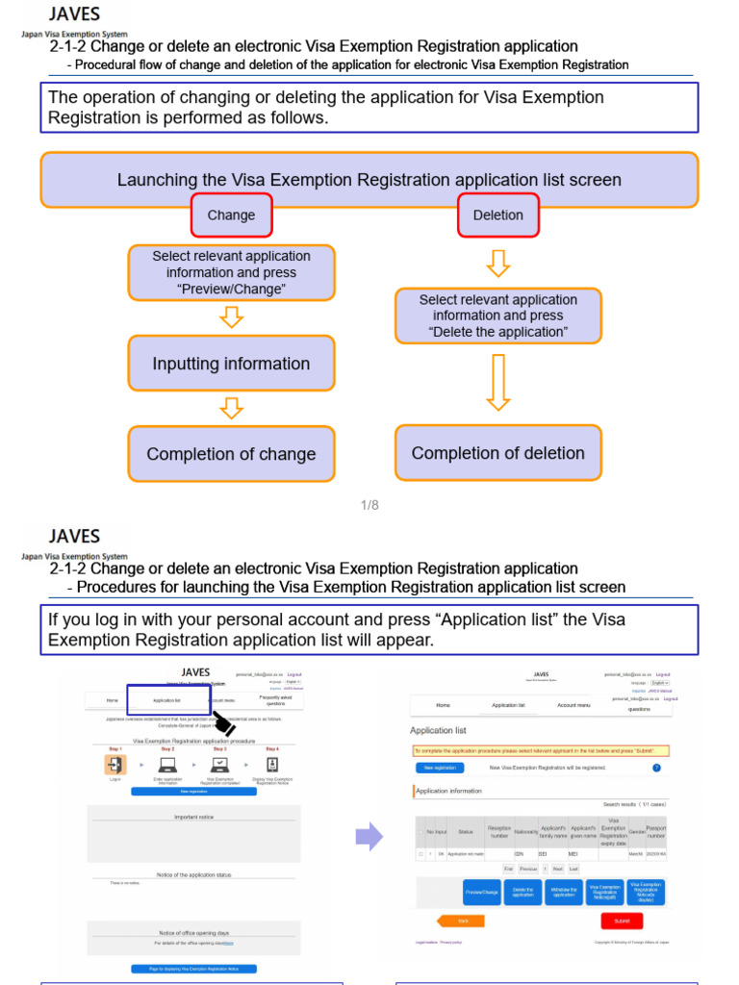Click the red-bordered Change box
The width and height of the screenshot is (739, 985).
(231, 215)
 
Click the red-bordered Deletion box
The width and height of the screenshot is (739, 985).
(498, 215)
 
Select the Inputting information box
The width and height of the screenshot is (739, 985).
(231, 364)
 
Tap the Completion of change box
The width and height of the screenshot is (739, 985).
(231, 454)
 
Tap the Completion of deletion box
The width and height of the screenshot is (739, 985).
(497, 453)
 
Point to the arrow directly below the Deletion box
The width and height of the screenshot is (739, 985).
(498, 263)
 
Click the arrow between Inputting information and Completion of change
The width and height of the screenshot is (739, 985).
(231, 408)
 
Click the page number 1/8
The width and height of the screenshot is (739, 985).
(369, 505)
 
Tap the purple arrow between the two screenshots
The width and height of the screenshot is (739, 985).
(369, 836)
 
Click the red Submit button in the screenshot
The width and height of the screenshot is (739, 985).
(622, 921)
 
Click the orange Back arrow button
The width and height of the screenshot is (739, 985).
(460, 921)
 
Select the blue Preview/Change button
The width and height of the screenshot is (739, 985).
(482, 891)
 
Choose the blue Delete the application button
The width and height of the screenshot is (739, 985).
(522, 891)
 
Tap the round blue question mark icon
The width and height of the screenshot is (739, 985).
(656, 768)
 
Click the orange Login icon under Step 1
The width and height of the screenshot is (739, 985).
(115, 765)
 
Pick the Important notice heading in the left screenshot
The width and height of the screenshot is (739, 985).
(193, 817)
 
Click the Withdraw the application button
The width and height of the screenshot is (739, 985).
(564, 891)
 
